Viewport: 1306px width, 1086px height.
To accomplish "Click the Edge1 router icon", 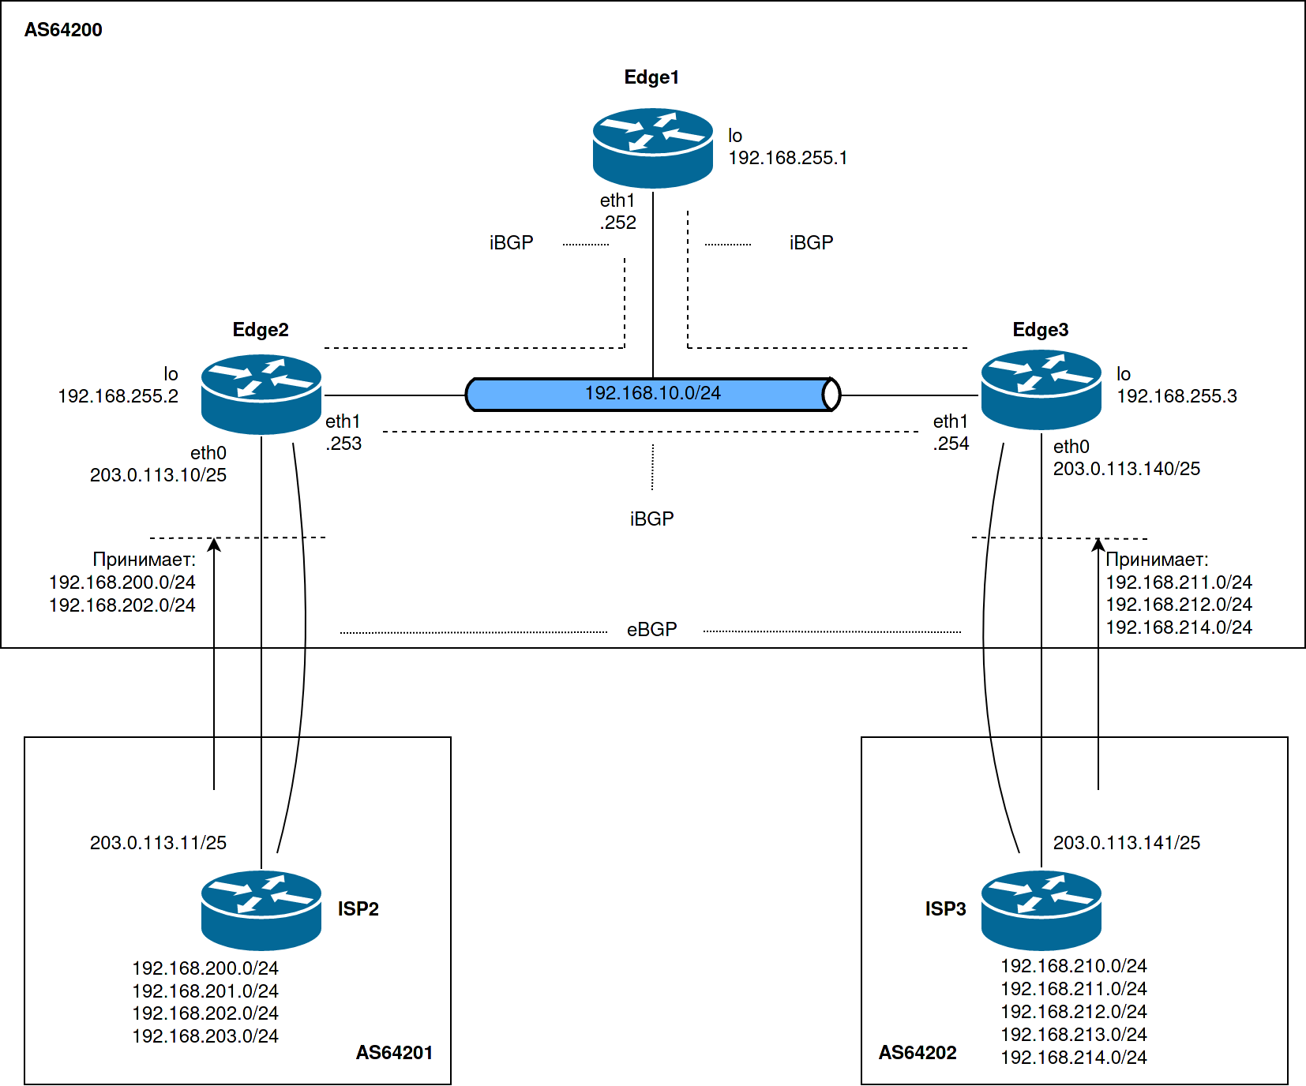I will pos(653,148).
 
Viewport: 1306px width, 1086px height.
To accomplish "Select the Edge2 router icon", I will pos(261,394).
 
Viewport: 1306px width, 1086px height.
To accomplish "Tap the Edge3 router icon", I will pos(1041,390).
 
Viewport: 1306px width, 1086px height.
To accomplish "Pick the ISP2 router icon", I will pos(261,910).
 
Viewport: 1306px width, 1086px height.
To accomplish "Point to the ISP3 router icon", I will pos(1041,910).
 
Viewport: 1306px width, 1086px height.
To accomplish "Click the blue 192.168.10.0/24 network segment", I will pos(652,394).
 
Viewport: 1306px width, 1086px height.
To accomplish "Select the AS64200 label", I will pos(63,30).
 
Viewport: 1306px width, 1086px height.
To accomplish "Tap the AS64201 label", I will pos(394,1052).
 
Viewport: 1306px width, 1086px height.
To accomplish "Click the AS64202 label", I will pos(918,1052).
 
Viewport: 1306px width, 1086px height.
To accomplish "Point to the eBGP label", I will pos(651,629).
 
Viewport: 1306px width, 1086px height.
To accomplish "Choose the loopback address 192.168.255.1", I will pos(787,158).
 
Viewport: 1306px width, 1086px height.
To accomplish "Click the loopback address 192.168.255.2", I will pos(118,396).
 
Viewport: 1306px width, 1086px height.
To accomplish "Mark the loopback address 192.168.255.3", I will pos(1177,396).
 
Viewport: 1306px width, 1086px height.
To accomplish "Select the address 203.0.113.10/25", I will pos(158,475).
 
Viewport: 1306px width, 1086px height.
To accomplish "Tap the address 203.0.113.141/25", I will pos(1126,843).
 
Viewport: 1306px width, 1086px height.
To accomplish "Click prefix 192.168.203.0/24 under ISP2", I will pos(205,1035).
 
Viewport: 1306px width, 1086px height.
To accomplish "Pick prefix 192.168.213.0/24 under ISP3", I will pos(1074,1034).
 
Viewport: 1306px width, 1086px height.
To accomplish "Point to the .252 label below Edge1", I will pos(618,223).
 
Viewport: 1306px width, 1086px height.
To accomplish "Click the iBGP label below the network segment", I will pos(651,519).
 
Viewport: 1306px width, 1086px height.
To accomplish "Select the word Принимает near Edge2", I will pos(144,560).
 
